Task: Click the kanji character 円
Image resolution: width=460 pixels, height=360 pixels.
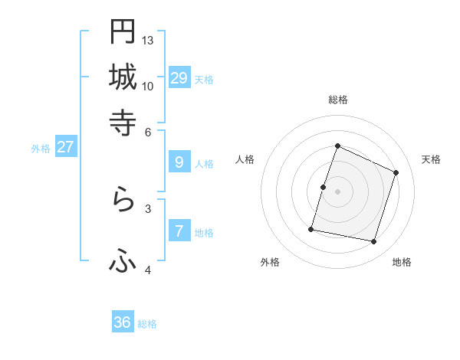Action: [123, 31]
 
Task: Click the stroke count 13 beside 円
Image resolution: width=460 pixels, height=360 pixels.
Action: [148, 40]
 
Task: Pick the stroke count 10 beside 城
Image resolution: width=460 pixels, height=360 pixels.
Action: [148, 86]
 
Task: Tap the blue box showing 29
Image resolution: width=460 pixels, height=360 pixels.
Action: [179, 77]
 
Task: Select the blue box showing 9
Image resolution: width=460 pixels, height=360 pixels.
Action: [179, 162]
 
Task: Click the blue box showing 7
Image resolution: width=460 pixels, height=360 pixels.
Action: [179, 231]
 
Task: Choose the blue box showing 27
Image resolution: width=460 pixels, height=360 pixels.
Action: [65, 147]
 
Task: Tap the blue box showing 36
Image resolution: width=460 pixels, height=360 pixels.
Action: [123, 322]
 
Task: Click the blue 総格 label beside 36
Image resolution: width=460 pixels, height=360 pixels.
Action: [147, 324]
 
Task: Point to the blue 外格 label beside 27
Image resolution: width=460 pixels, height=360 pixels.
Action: [41, 149]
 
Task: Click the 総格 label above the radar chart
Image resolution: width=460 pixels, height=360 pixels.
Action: [337, 100]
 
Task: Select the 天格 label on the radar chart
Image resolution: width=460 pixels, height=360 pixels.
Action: [431, 159]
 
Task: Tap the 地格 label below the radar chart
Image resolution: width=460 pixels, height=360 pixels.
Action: [402, 263]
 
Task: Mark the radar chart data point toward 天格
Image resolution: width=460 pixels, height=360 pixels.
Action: [396, 172]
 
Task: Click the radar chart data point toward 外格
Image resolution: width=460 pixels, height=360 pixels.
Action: [312, 228]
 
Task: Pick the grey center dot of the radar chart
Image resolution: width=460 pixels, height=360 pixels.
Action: [337, 191]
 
